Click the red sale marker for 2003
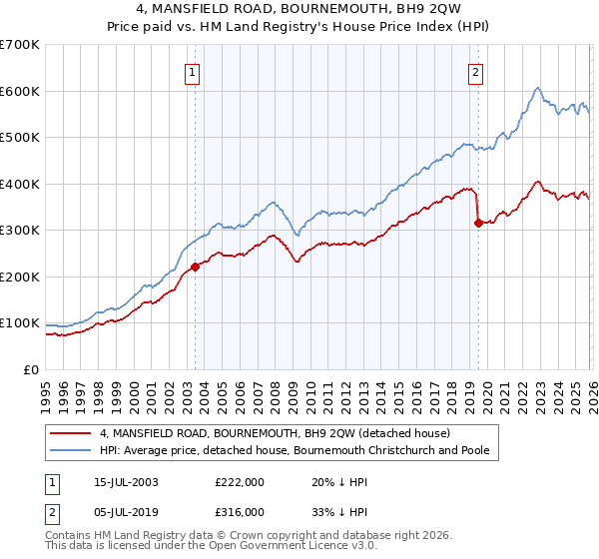pyautogui.click(x=196, y=266)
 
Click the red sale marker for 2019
pyautogui.click(x=478, y=223)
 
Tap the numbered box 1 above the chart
pyautogui.click(x=191, y=71)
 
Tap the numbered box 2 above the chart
pyautogui.click(x=476, y=71)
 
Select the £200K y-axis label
pyautogui.click(x=20, y=277)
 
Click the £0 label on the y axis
pyautogui.click(x=30, y=369)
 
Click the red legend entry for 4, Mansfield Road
pyautogui.click(x=275, y=433)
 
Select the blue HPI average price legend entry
pyautogui.click(x=293, y=451)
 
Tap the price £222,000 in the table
pyautogui.click(x=240, y=482)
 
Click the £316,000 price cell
pyautogui.click(x=240, y=511)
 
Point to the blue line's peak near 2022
pyautogui.click(x=537, y=88)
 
